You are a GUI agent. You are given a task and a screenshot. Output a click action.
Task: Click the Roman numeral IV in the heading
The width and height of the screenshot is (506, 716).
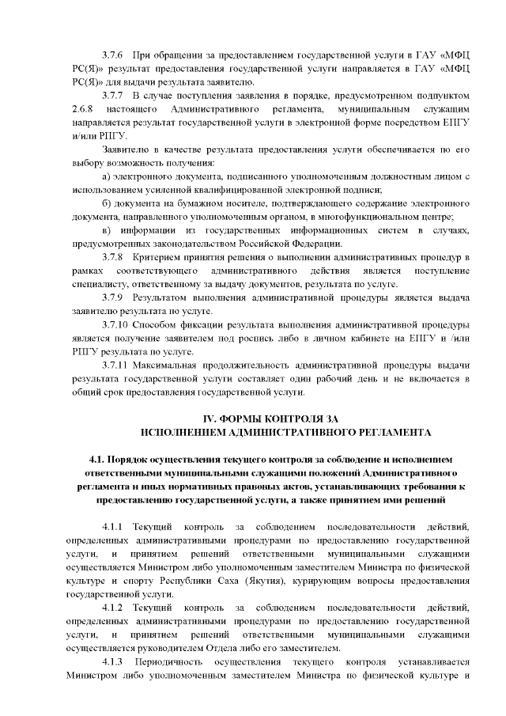[x=210, y=418]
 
